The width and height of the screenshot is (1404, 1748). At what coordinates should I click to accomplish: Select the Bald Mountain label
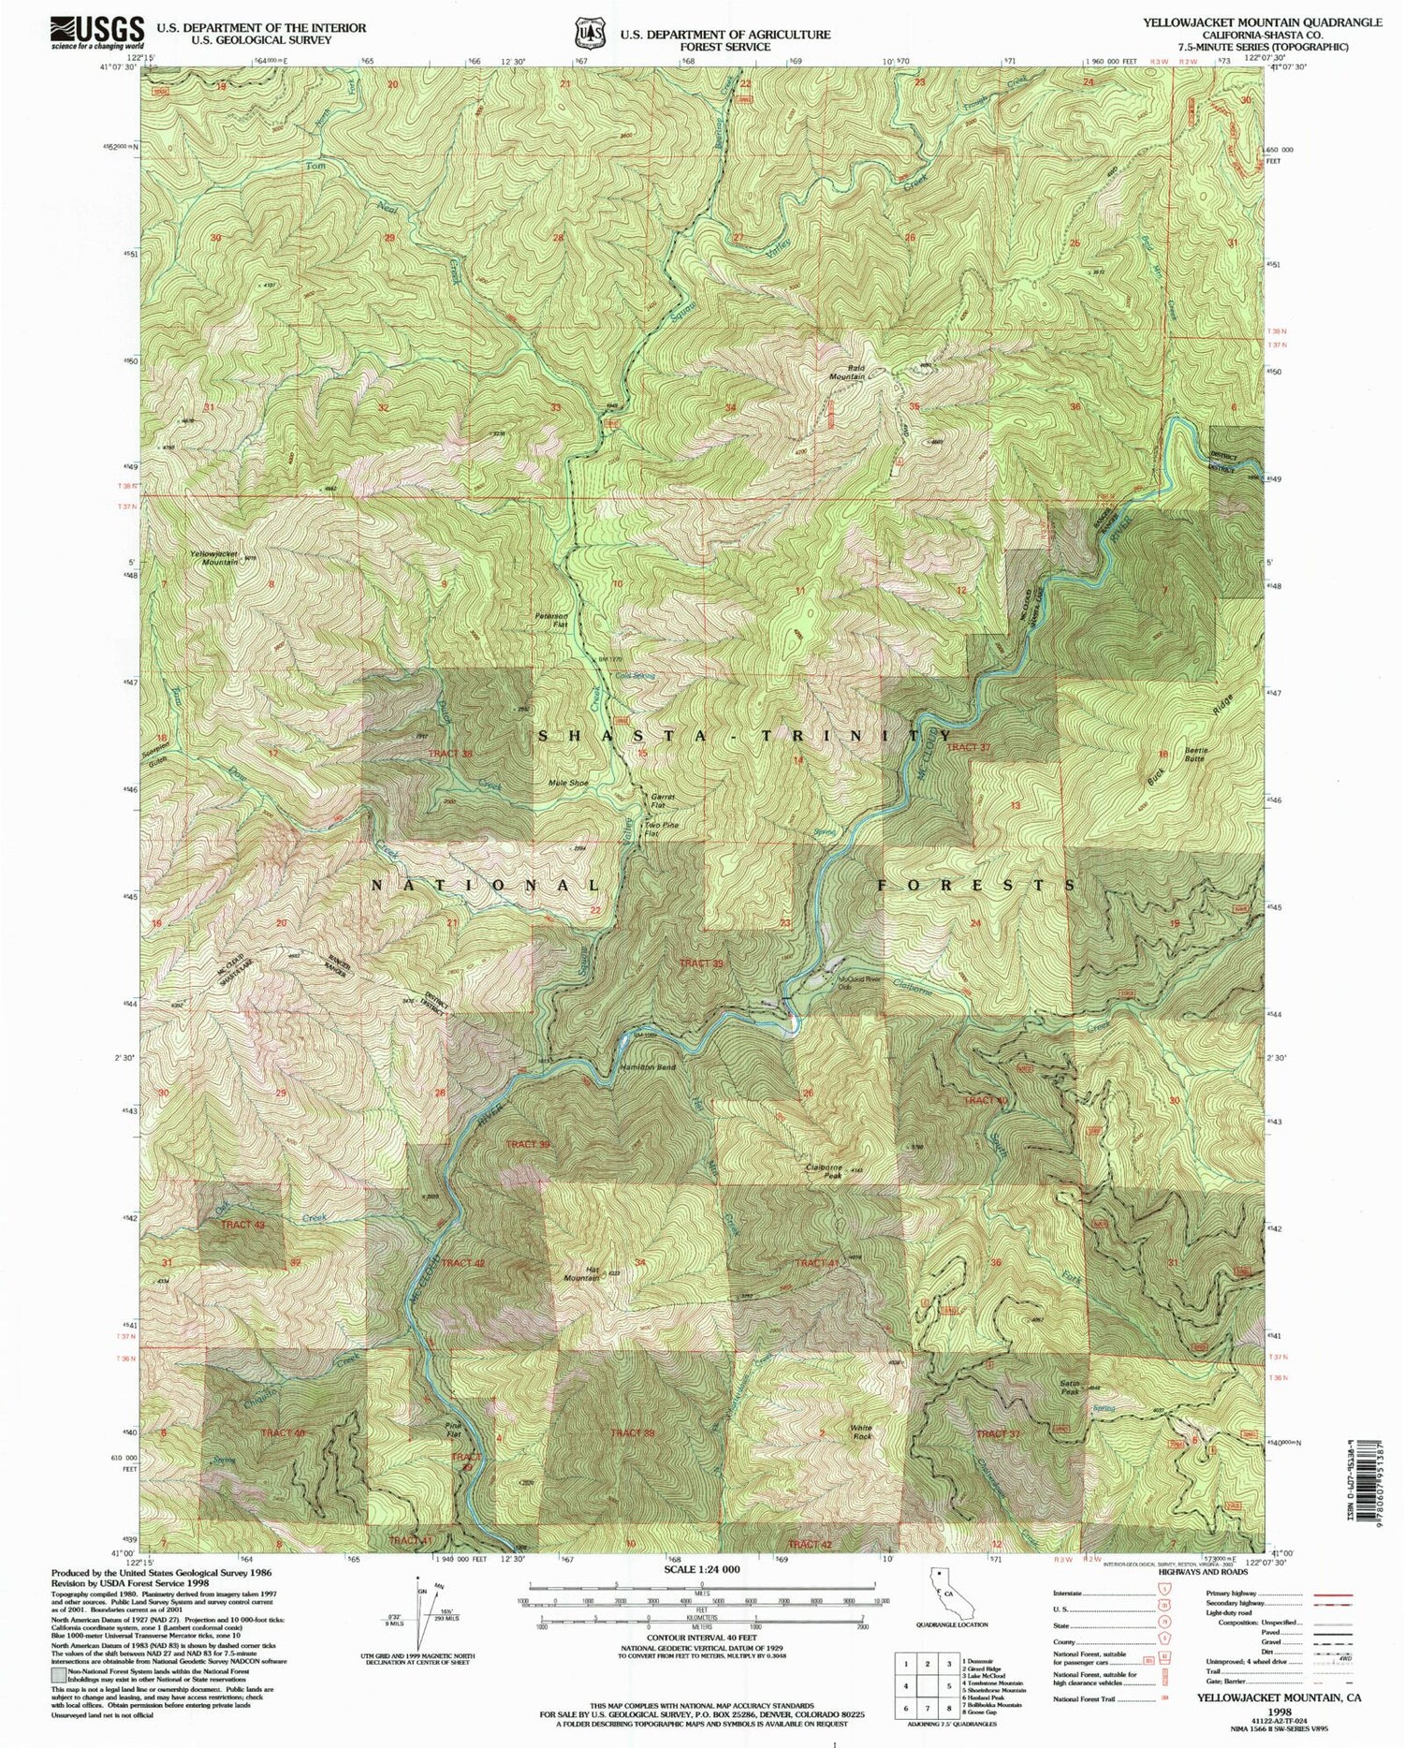point(846,373)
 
